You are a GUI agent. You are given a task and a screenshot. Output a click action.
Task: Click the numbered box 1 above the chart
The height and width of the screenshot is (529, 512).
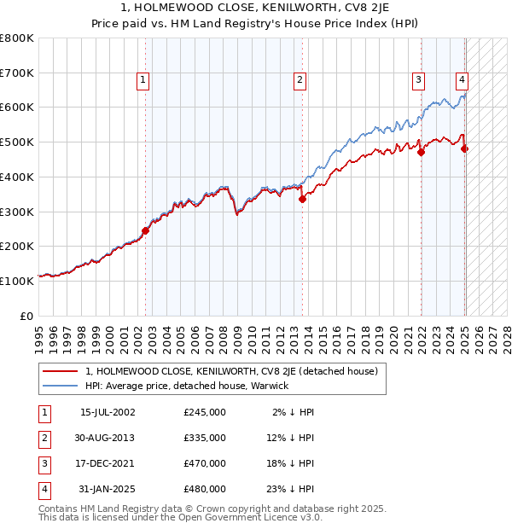click(x=143, y=80)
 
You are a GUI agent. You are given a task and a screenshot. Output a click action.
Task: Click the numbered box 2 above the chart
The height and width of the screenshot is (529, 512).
click(x=300, y=80)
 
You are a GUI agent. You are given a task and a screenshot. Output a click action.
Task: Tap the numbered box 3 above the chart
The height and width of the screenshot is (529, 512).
click(x=419, y=80)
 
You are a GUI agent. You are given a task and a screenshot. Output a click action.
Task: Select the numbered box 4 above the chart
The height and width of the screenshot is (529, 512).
click(x=462, y=80)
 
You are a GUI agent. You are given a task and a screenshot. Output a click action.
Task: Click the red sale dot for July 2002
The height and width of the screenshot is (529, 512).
click(x=145, y=230)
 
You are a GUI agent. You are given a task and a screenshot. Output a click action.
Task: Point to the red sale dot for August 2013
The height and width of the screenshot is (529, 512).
click(x=303, y=199)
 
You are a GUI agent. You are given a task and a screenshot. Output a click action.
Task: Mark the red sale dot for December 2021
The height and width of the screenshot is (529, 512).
click(x=421, y=152)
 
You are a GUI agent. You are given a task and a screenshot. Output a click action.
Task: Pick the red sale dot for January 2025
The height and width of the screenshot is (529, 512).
click(x=465, y=148)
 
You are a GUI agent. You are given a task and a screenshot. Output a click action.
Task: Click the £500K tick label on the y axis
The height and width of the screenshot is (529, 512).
click(x=17, y=142)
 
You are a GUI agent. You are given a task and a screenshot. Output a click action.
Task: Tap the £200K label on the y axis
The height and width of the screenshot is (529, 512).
click(x=17, y=246)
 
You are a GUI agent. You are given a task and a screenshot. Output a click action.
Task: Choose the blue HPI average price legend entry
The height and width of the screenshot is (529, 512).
click(x=187, y=386)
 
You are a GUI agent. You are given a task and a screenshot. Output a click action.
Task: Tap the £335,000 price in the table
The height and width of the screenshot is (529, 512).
click(x=205, y=438)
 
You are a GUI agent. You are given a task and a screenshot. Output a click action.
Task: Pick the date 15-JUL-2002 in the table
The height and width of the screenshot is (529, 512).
click(x=108, y=412)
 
